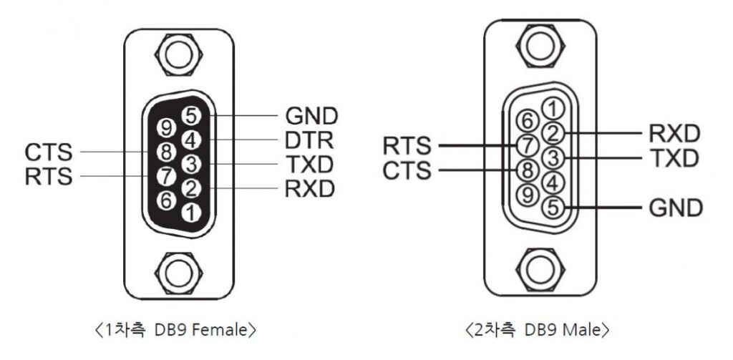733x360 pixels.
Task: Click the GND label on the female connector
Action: pos(311,115)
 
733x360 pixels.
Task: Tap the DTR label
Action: pos(311,140)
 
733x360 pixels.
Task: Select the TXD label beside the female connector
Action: pos(310,164)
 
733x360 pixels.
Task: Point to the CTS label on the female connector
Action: pos(49,152)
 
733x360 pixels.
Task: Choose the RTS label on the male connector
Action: pos(407,145)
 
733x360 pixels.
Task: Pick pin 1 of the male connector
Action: pos(553,109)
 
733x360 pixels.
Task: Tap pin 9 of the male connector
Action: pos(528,193)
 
